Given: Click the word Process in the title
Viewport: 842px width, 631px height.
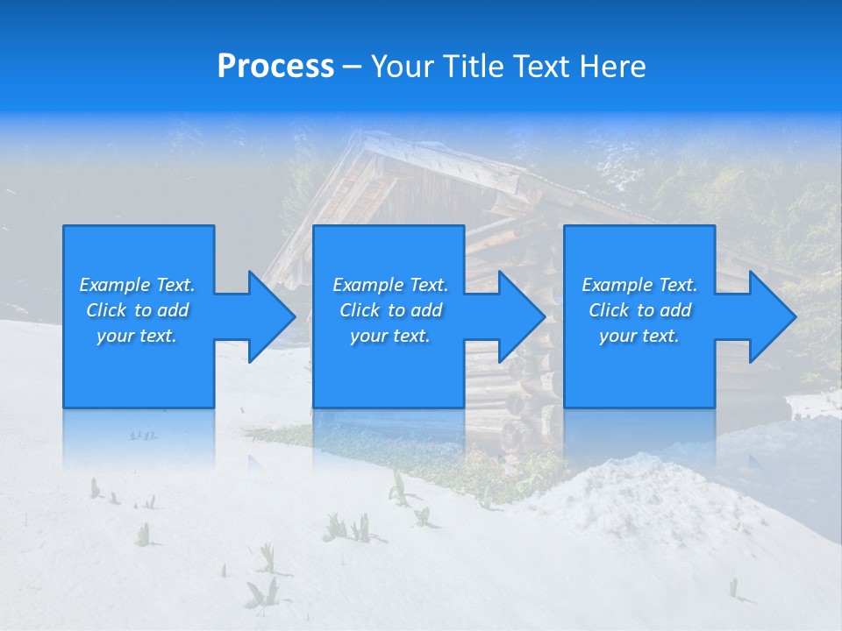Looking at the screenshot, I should tap(275, 67).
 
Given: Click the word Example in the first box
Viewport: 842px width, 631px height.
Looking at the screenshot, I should tap(115, 285).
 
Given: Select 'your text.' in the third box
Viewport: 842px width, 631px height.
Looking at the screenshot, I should tap(639, 336).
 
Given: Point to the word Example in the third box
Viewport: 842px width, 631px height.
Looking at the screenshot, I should tap(617, 285).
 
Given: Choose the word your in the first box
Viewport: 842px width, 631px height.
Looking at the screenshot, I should tap(115, 336).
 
